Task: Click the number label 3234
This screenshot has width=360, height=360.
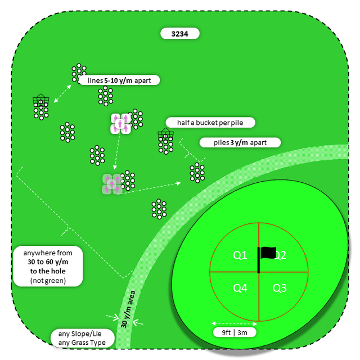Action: click(x=179, y=34)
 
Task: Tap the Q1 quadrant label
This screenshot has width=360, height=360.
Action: click(x=240, y=255)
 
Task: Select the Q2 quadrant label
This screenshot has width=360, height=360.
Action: click(x=280, y=255)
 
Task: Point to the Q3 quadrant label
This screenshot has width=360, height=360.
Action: click(x=280, y=288)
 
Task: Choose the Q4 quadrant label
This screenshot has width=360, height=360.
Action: click(x=240, y=288)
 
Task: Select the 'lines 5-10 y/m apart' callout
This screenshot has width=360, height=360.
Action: click(x=119, y=80)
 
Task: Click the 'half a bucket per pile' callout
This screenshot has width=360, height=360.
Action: click(x=210, y=123)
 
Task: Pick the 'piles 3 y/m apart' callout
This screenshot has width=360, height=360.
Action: click(x=240, y=142)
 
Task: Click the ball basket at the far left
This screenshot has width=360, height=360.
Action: click(x=40, y=102)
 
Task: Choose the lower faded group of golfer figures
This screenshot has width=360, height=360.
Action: click(x=111, y=183)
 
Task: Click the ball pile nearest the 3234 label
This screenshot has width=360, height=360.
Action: click(x=79, y=73)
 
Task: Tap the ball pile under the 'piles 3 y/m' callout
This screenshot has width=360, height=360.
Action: click(x=197, y=172)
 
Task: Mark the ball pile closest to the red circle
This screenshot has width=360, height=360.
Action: click(x=159, y=208)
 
